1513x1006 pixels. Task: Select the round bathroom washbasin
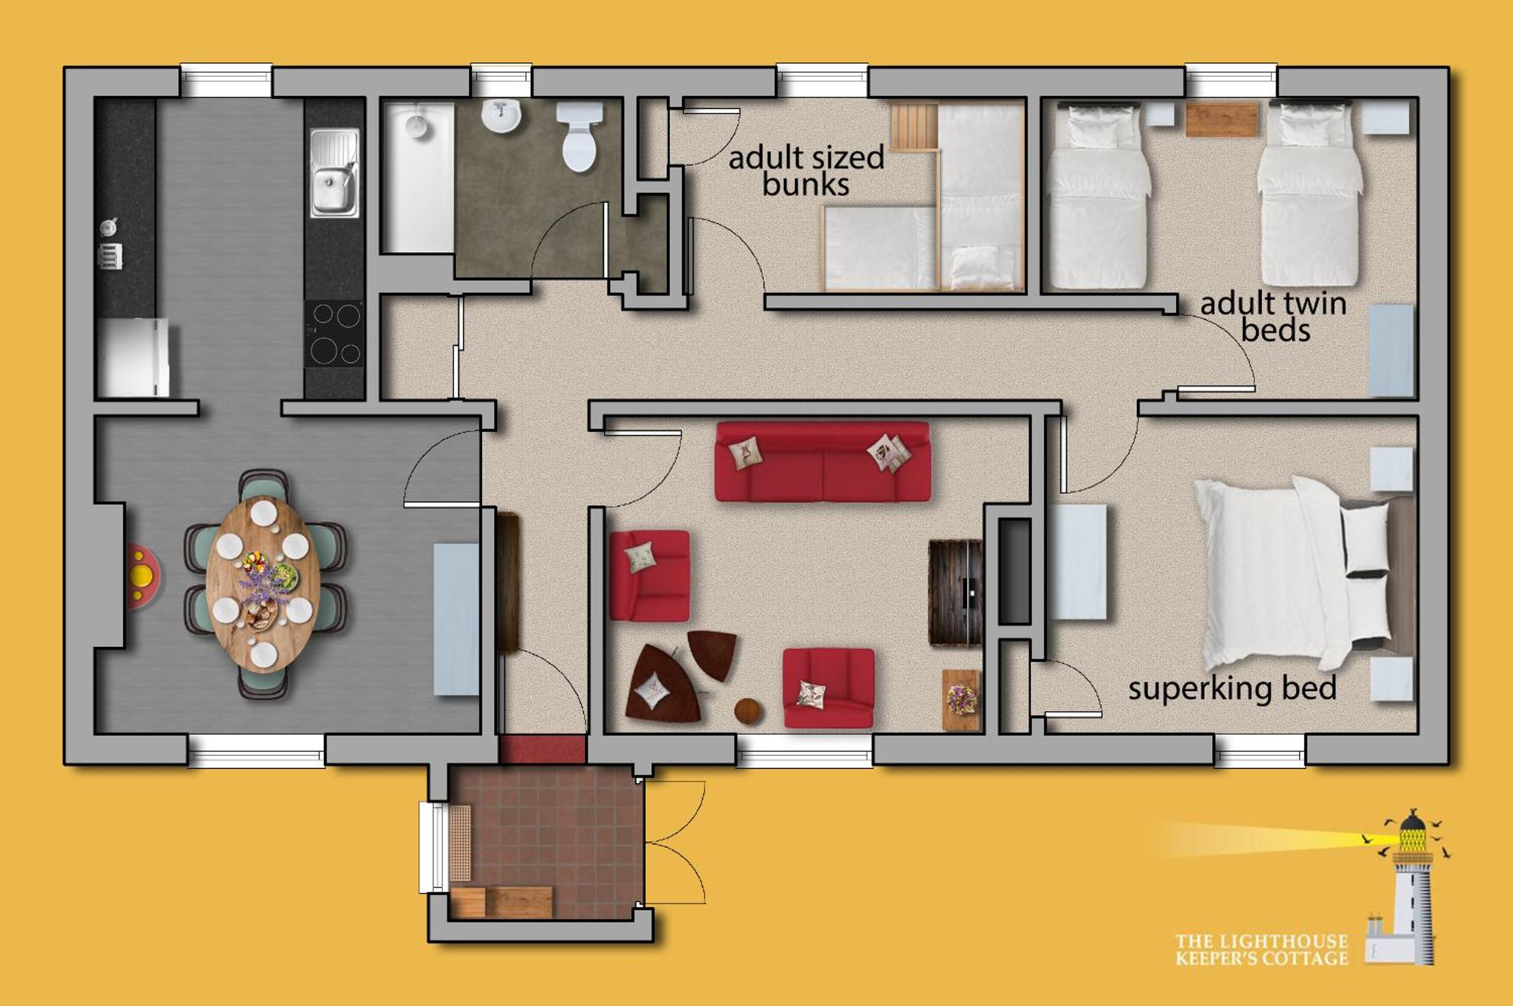(x=501, y=116)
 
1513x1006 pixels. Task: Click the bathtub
(x=419, y=176)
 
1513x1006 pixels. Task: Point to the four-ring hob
(x=336, y=334)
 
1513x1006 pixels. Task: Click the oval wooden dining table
(x=263, y=583)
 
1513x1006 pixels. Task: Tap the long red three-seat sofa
(x=822, y=461)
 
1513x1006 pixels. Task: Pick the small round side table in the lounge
(x=748, y=711)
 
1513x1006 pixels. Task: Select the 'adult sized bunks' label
(x=806, y=171)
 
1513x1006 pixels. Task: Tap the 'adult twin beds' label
(x=1273, y=317)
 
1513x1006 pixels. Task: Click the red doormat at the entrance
(x=542, y=750)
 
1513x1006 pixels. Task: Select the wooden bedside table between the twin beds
(x=1221, y=118)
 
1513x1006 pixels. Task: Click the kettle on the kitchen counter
(x=109, y=226)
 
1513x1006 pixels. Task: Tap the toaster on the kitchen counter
(x=110, y=255)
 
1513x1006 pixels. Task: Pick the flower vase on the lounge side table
(x=961, y=697)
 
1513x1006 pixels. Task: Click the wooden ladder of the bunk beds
(x=913, y=127)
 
